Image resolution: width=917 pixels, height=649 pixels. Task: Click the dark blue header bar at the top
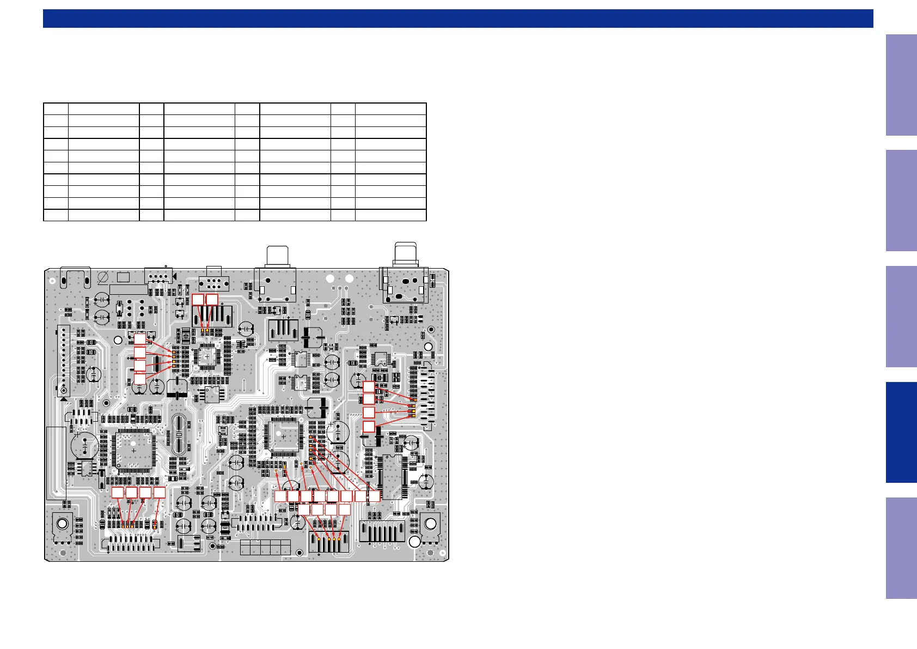point(457,19)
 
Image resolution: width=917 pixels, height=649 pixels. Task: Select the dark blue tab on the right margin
point(901,432)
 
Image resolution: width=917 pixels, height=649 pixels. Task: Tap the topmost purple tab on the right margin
point(901,85)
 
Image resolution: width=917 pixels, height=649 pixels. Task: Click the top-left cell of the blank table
point(56,108)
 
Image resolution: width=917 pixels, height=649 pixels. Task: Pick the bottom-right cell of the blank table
point(390,215)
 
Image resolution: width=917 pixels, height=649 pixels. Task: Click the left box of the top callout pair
point(198,299)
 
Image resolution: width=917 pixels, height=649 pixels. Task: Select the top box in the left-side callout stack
point(139,338)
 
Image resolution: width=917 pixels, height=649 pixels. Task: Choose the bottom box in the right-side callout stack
point(369,426)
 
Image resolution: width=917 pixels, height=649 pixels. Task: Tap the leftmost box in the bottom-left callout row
point(118,493)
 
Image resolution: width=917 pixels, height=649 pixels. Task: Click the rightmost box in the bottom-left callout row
point(159,493)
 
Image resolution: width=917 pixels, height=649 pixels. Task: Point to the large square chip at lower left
point(133,450)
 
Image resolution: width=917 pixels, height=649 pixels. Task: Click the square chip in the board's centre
point(283,436)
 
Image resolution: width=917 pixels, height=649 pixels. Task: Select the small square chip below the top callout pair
point(207,356)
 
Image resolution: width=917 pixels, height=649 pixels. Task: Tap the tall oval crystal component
point(179,434)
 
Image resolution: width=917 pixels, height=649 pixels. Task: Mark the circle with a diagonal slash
point(102,278)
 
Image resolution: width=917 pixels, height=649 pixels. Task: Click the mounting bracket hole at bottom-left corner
point(62,524)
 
